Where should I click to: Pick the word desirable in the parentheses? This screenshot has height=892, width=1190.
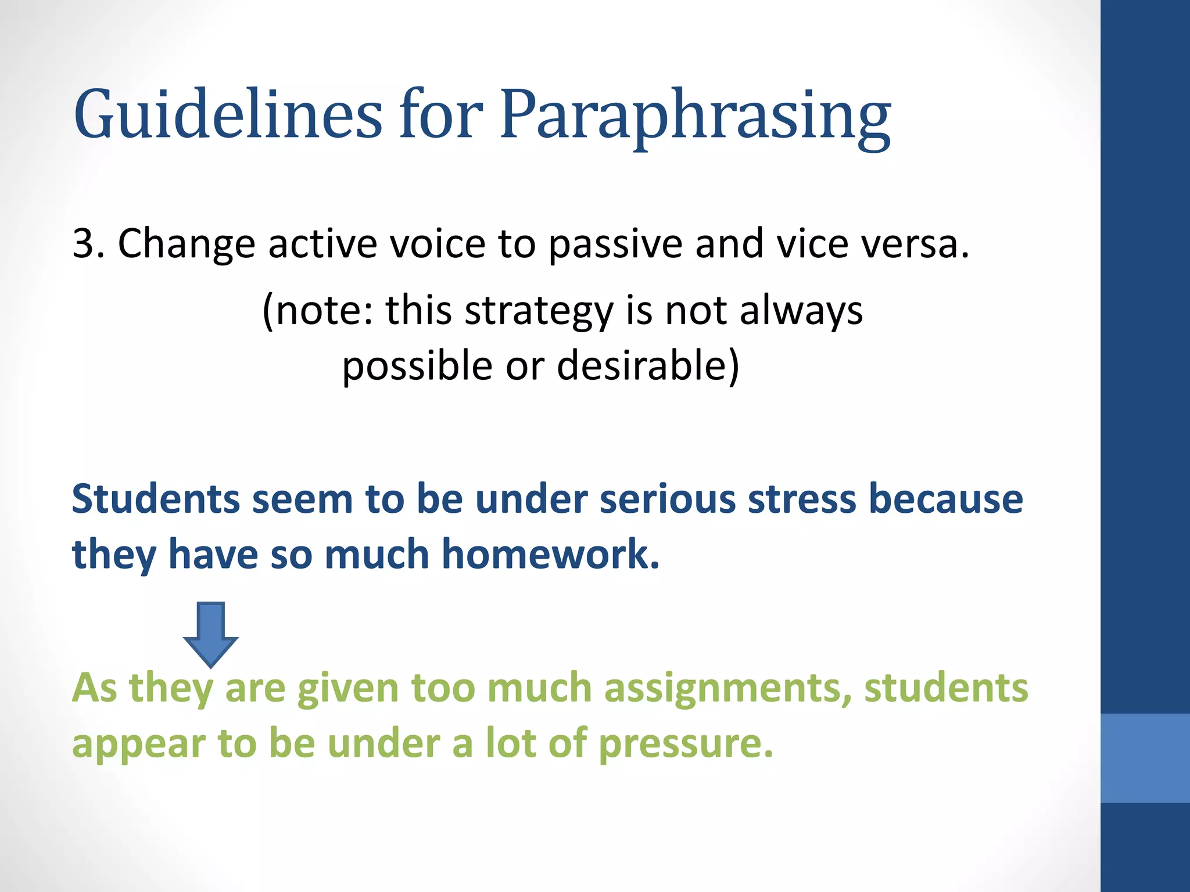click(647, 366)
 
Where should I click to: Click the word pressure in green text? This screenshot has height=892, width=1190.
click(686, 744)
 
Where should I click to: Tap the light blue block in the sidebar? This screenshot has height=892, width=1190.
click(1145, 757)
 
